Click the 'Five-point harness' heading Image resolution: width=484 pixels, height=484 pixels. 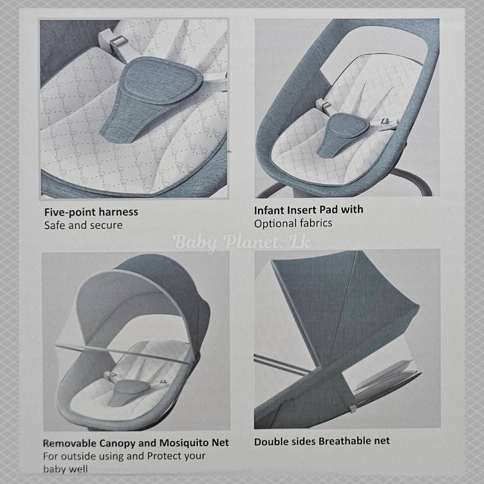91,212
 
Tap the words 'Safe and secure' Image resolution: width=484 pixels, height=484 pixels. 83,225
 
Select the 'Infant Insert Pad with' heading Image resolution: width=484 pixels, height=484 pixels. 309,210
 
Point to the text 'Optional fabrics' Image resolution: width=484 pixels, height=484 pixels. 293,223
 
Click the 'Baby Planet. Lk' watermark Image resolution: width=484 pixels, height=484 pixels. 242,242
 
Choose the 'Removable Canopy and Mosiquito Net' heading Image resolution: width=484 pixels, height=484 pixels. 136,443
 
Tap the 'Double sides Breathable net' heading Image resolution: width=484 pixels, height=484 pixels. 322,441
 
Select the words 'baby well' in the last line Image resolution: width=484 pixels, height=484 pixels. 65,469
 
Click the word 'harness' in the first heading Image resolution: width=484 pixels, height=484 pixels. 118,212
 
